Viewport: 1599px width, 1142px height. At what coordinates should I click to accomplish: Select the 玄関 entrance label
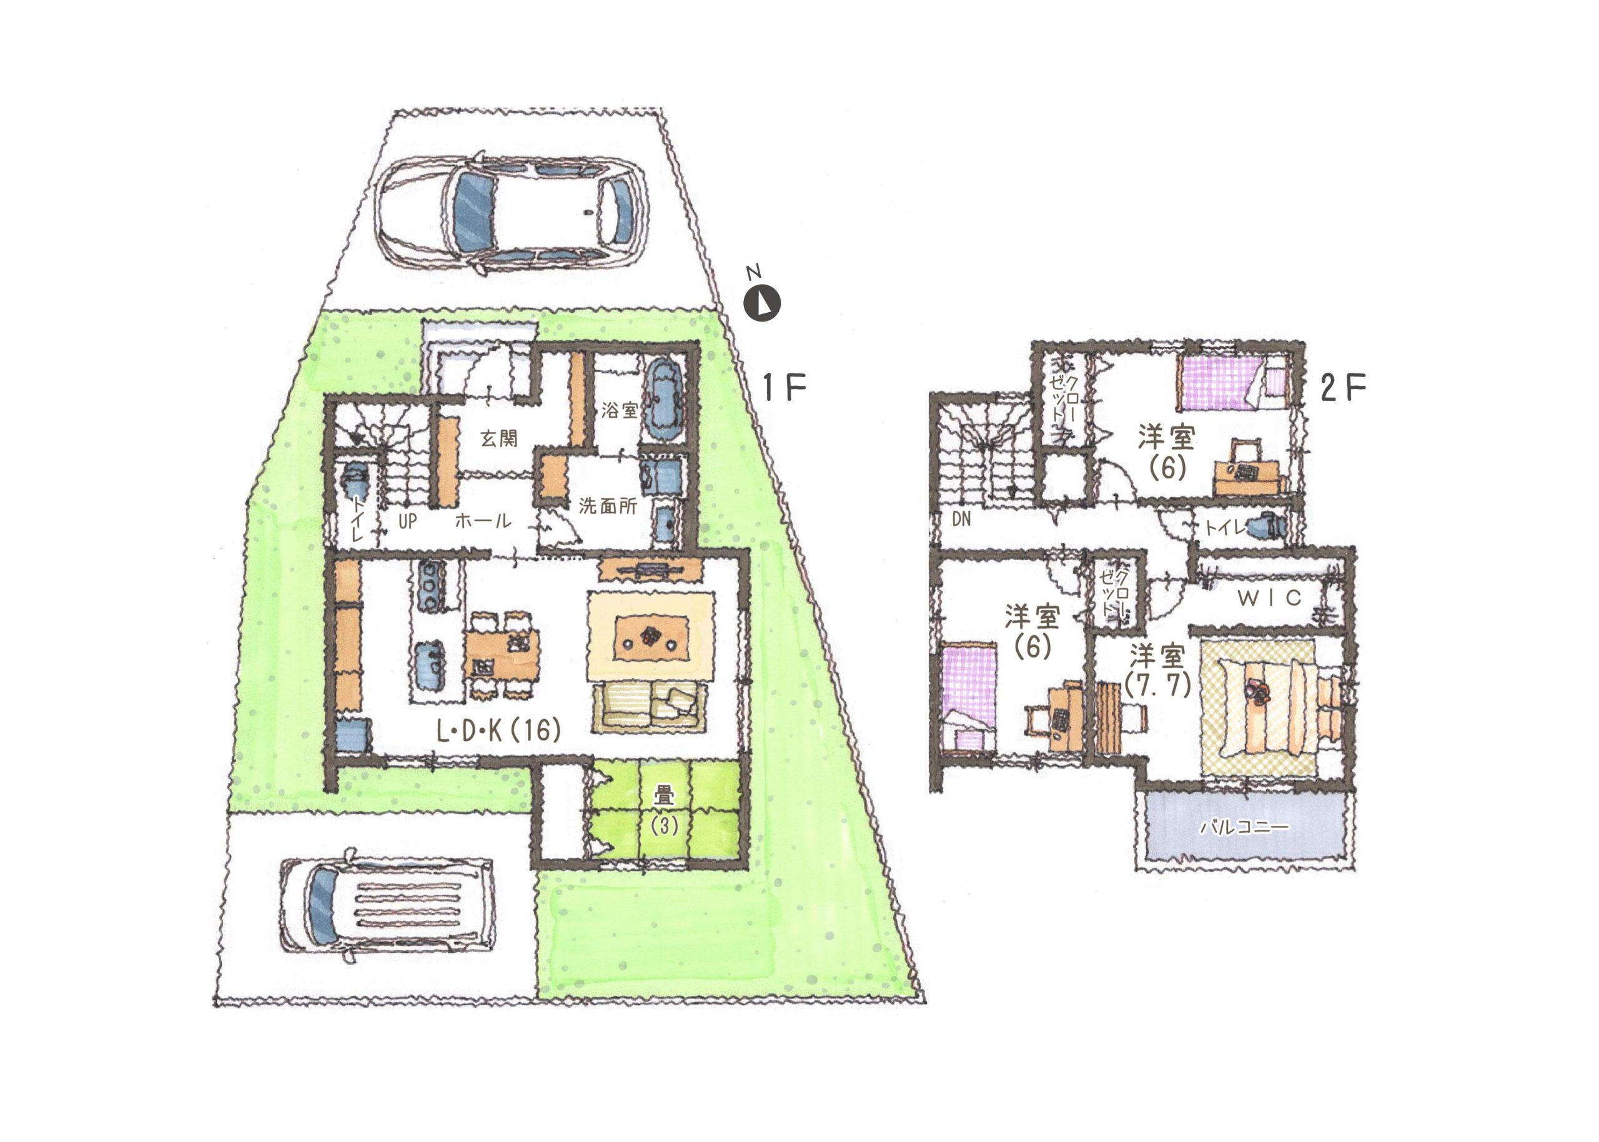(x=499, y=439)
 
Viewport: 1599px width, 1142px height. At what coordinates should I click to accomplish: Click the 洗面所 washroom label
(x=608, y=506)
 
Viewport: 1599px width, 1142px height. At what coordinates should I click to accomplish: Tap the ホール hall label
(x=483, y=521)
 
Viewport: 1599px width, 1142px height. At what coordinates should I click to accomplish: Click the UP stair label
(x=407, y=521)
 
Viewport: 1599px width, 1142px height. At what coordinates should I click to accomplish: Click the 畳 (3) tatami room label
(x=663, y=810)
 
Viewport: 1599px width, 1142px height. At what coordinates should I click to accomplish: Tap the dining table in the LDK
(x=502, y=653)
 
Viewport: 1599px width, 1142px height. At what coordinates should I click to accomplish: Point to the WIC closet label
(x=1269, y=598)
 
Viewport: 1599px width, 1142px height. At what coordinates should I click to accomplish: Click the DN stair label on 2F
(x=961, y=519)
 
